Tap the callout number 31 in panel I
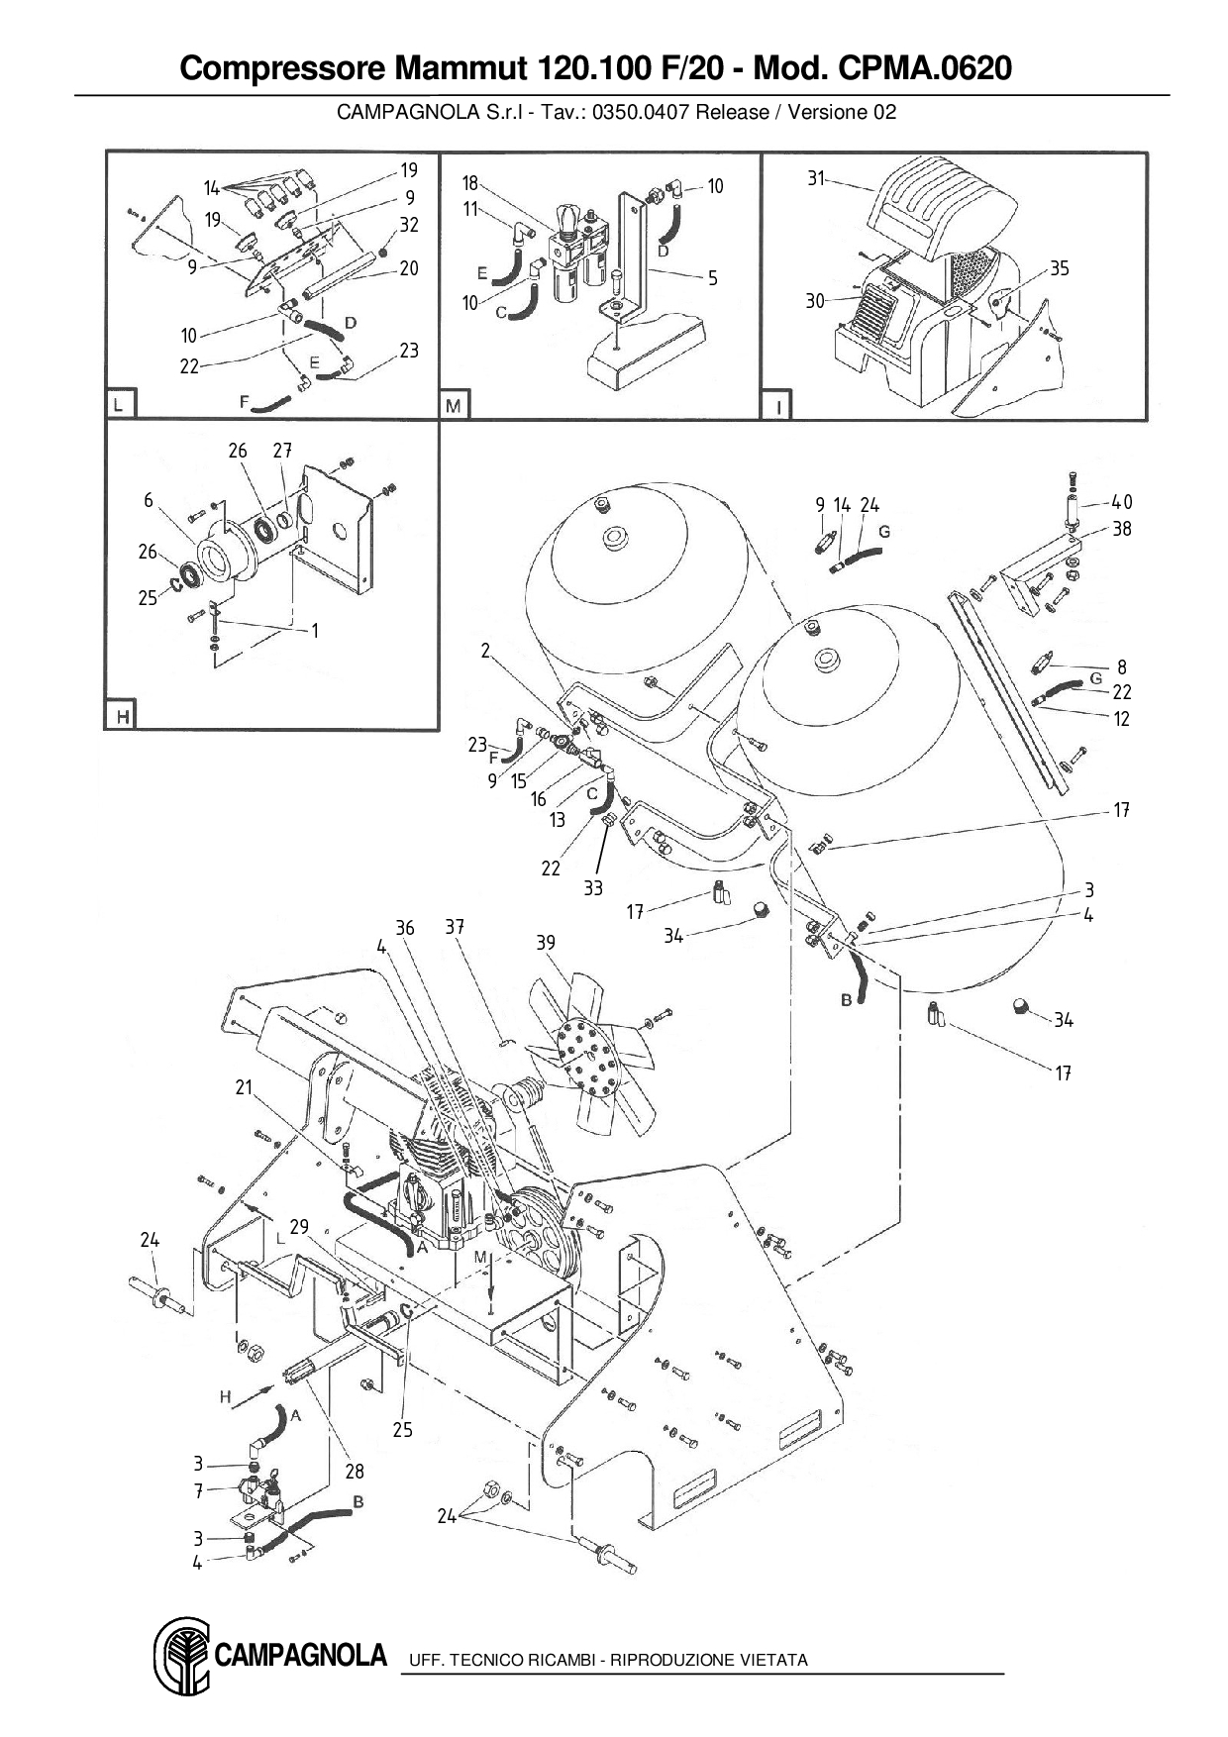[815, 179]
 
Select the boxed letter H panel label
[122, 715]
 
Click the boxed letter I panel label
[776, 405]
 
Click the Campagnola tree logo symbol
[181, 1656]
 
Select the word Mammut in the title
[460, 68]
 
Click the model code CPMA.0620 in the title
[925, 68]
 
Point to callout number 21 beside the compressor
[245, 1087]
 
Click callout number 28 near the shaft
[355, 1473]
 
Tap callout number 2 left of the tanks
[486, 651]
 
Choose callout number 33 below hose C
[593, 888]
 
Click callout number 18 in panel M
[470, 183]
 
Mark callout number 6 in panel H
[149, 500]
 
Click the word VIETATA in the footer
[773, 1660]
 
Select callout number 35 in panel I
[1060, 268]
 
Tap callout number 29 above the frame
[299, 1227]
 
